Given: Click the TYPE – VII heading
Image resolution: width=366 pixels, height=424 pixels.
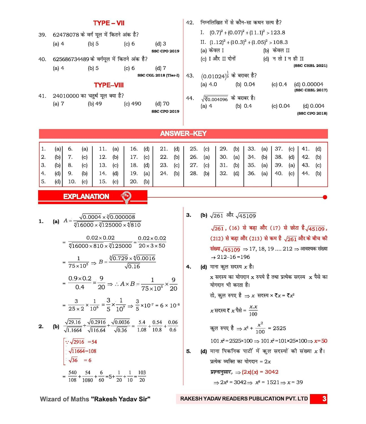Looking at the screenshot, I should [x=109, y=23].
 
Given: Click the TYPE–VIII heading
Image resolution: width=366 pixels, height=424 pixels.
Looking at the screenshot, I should [x=109, y=85].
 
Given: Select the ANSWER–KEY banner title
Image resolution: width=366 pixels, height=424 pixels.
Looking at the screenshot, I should [x=183, y=134].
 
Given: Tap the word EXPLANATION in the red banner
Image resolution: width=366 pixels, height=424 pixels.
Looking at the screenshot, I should [x=86, y=196].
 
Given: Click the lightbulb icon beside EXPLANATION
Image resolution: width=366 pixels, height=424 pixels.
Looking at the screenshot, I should [x=126, y=197].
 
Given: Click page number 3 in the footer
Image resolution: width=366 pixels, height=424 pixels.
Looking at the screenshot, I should [x=324, y=399].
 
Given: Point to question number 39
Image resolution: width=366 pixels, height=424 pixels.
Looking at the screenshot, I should [x=42, y=35].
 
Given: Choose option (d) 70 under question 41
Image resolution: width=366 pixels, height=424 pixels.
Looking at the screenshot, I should [x=162, y=104].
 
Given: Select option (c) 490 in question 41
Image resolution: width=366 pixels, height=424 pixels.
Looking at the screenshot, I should [x=132, y=104].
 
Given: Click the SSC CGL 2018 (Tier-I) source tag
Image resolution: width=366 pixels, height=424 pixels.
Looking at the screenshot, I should [x=158, y=75].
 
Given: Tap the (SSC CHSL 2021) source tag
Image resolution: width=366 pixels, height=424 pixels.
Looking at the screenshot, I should [x=310, y=66].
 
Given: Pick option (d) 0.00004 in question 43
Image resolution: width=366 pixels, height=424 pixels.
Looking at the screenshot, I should [x=309, y=84].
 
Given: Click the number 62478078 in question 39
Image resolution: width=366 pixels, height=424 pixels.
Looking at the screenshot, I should [x=66, y=35].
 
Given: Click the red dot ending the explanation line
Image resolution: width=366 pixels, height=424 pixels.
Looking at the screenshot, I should [x=325, y=197].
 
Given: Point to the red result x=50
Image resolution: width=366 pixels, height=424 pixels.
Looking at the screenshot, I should [x=320, y=341].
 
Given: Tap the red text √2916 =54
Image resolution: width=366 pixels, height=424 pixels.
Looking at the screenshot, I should [x=81, y=342].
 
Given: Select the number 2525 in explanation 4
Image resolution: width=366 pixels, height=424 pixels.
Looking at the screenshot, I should [x=279, y=328].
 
